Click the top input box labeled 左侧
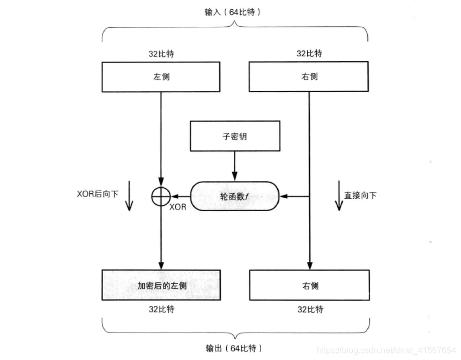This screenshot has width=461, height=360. [161, 76]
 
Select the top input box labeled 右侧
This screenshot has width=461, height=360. [309, 76]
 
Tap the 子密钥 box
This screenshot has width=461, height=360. [235, 136]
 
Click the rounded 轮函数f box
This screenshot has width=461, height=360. [235, 197]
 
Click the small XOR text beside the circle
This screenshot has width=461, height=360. [178, 207]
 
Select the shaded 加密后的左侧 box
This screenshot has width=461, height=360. [161, 285]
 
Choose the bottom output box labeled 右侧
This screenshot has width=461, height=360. [309, 285]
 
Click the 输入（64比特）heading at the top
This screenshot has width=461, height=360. [235, 12]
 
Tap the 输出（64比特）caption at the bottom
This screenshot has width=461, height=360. [235, 349]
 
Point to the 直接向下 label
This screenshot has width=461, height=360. [360, 196]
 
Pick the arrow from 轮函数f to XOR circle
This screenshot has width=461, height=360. [179, 197]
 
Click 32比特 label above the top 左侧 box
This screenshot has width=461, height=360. [161, 54]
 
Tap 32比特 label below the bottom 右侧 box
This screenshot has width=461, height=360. [309, 309]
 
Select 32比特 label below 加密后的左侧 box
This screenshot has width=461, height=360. [161, 309]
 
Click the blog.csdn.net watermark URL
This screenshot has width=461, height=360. [386, 349]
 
